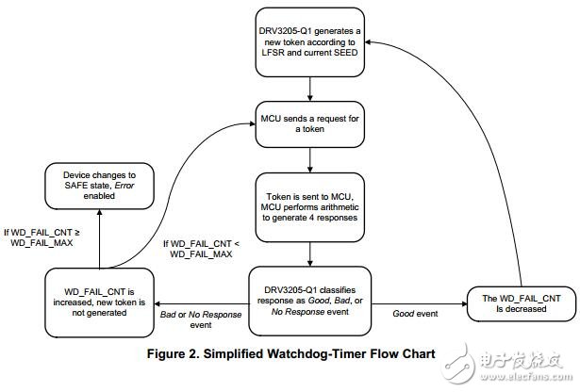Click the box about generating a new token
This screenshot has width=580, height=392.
310,42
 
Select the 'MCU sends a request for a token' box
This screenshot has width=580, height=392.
310,124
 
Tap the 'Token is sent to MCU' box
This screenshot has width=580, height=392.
310,207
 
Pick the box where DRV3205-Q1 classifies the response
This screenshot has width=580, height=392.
310,301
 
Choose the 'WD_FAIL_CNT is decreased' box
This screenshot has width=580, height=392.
522,303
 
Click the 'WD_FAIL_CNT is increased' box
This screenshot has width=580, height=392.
99,302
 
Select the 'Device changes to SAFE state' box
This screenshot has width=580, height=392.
99,186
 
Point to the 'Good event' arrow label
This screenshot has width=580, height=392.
415,314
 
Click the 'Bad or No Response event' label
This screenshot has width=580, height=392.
201,319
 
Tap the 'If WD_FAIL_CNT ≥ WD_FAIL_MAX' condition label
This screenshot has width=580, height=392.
41,237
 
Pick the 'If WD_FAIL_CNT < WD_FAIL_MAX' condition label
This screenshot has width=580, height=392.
201,249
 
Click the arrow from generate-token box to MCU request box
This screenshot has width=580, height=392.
310,89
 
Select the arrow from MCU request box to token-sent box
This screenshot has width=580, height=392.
310,160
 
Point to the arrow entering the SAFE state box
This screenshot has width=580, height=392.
99,238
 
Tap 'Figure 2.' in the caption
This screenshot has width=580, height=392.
174,354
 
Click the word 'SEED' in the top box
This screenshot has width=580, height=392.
345,53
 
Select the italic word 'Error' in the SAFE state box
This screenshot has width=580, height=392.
124,186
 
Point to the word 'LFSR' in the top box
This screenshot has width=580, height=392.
273,53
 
